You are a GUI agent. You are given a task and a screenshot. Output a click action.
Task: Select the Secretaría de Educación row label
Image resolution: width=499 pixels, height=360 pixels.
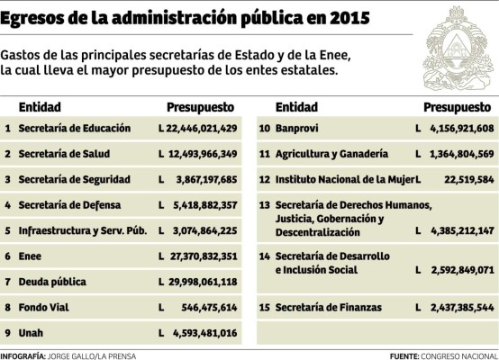click(x=75, y=129)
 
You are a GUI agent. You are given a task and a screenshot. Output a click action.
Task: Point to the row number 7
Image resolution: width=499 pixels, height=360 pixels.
click(x=7, y=282)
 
